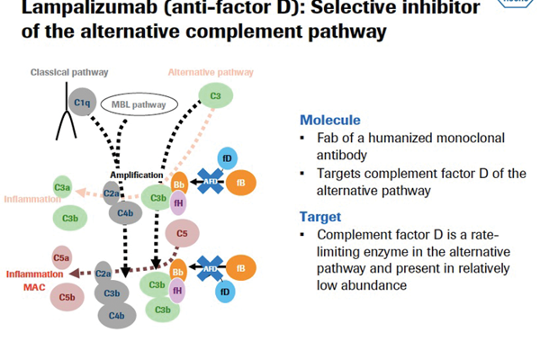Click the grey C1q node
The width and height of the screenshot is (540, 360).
pos(82,103)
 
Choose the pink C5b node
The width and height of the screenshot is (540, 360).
pos(67,297)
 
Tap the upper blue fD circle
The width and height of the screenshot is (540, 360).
pos(227,159)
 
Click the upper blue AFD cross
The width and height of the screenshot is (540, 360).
pos(209,182)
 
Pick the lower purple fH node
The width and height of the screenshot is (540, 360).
pos(177,290)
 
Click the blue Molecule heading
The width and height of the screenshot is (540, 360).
pos(330,121)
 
